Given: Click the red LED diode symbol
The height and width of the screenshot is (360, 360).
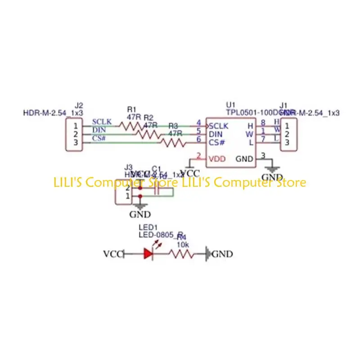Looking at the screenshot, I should pos(149,254).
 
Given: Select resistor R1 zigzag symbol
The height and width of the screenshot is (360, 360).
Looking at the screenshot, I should pos(132,126).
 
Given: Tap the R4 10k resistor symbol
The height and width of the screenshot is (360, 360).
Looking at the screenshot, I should pos(181,254).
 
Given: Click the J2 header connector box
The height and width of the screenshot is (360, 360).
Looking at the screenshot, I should pos(76,134).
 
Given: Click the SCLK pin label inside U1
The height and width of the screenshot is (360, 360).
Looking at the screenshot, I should pos(219,126).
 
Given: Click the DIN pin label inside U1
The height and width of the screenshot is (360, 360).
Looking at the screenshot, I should pos(216,134).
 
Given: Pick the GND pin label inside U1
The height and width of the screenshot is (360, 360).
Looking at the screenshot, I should pos(245,159).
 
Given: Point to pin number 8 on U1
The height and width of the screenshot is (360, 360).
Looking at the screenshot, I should pos(263,123).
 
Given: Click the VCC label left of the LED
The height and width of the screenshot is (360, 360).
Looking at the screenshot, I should pos(112,254).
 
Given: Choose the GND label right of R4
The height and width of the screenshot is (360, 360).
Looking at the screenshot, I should pos(222,254).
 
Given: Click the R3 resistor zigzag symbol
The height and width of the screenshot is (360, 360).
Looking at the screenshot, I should pos(174,143).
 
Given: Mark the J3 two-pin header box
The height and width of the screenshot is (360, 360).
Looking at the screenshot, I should pos(122,193).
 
